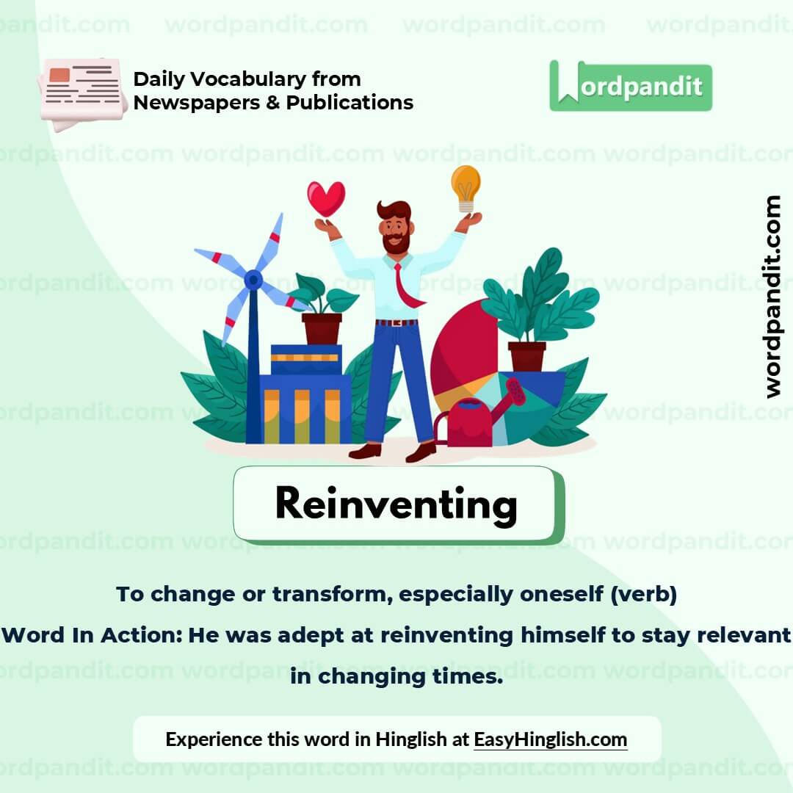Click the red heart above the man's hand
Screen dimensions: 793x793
pos(326,198)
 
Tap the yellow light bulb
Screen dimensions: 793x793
pos(466,186)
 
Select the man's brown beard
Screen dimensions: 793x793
pos(396,242)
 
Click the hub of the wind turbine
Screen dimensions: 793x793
pos(253,279)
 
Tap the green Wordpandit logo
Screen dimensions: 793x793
pos(630,87)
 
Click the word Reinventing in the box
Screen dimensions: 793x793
pos(396,504)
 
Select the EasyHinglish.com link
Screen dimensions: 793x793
pos(550,739)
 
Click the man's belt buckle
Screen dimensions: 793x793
pos(396,322)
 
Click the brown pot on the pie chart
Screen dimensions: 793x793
pos(526,356)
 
